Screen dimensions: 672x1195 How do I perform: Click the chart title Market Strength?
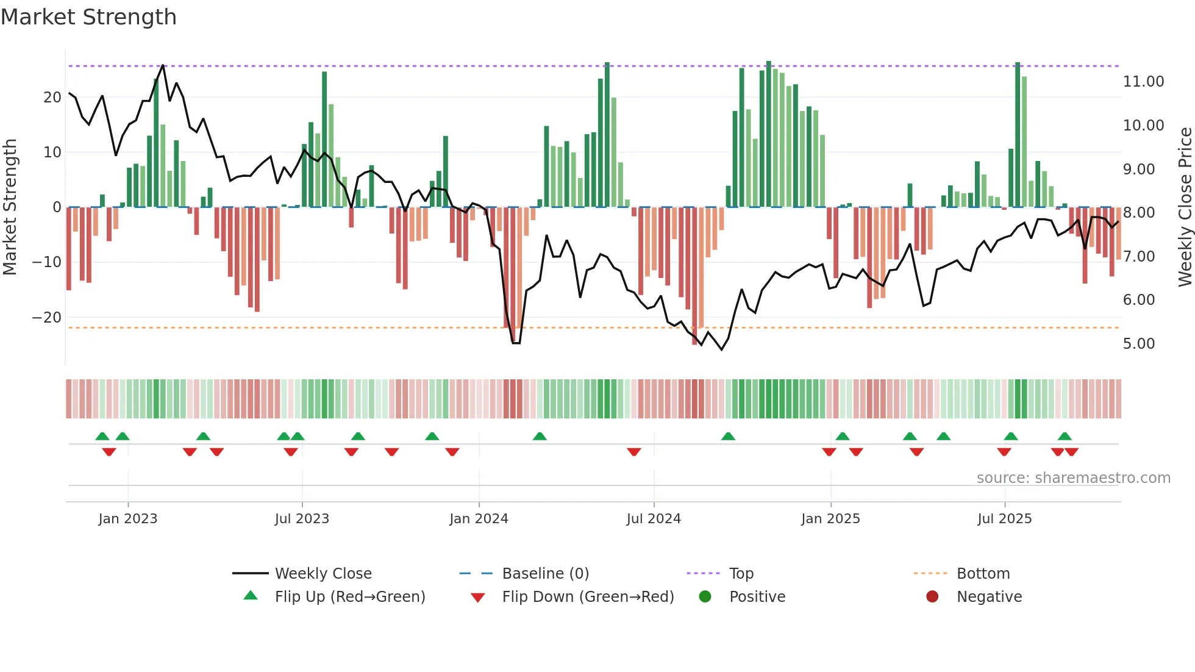pyautogui.click(x=88, y=17)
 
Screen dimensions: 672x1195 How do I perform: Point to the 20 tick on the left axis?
pyautogui.click(x=52, y=98)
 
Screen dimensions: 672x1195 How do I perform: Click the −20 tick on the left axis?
pyautogui.click(x=47, y=318)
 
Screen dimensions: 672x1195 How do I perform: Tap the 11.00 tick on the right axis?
pyautogui.click(x=1143, y=82)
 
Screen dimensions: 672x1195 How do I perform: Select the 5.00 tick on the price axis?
pyautogui.click(x=1138, y=344)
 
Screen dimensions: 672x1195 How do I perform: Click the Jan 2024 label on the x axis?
pyautogui.click(x=479, y=519)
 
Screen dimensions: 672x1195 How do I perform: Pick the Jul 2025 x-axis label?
pyautogui.click(x=1004, y=519)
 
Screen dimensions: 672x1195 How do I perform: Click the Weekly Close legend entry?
pyautogui.click(x=323, y=574)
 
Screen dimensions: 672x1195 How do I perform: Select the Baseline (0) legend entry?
pyautogui.click(x=545, y=574)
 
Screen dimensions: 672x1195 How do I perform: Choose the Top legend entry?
pyautogui.click(x=741, y=574)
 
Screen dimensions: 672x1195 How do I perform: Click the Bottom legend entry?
pyautogui.click(x=983, y=574)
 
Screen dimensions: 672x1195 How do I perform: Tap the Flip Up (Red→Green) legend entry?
pyautogui.click(x=349, y=597)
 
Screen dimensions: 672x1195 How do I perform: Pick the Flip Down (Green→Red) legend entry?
pyautogui.click(x=588, y=597)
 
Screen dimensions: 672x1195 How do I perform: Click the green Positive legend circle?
pyautogui.click(x=705, y=597)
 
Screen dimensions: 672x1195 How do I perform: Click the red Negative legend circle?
pyautogui.click(x=932, y=597)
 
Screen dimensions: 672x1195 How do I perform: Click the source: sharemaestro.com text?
pyautogui.click(x=1073, y=478)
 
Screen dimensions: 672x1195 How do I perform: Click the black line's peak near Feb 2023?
pyautogui.click(x=163, y=65)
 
